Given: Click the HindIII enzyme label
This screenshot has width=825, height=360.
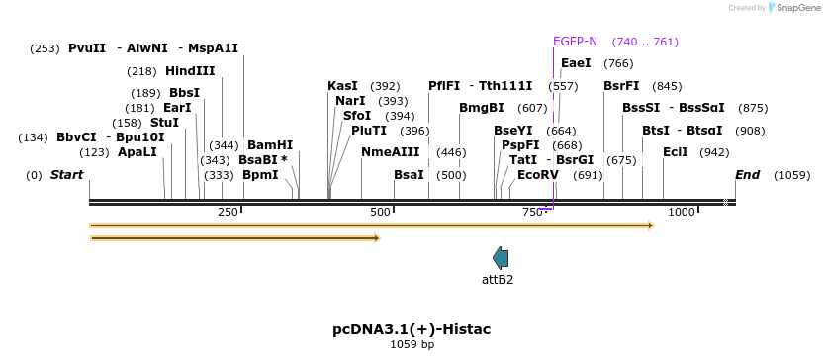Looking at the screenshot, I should click(x=190, y=71).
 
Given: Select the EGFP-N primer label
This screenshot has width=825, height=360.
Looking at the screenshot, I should click(x=575, y=42).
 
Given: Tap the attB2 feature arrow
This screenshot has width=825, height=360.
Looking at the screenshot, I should click(x=501, y=258).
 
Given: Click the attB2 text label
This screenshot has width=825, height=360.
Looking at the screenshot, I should click(x=498, y=279).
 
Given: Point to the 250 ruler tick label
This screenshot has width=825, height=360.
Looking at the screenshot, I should click(x=228, y=212).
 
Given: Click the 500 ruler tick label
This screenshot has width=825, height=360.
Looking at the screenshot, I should click(x=381, y=212).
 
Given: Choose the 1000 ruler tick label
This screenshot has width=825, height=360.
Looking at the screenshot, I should click(x=682, y=212).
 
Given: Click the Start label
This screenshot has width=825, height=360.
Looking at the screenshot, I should click(x=67, y=175).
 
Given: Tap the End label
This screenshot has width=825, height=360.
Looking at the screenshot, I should click(x=747, y=175).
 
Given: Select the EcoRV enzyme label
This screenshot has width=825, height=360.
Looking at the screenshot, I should click(x=538, y=175).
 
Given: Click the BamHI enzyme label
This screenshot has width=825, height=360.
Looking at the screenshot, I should click(x=270, y=145).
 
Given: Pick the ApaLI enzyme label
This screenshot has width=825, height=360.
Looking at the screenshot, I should click(x=137, y=152).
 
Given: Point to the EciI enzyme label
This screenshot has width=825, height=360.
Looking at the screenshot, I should click(x=676, y=152).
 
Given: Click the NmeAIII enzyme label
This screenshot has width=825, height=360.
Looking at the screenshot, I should click(x=391, y=152).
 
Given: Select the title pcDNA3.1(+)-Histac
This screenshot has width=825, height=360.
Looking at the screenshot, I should click(x=412, y=328).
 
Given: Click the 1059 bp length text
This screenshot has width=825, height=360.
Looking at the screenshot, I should click(x=412, y=345).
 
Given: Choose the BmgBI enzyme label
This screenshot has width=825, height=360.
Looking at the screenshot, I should click(x=482, y=108).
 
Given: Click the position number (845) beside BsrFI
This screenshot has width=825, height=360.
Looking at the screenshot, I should click(x=668, y=86).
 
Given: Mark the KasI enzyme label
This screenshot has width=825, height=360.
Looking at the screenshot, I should click(x=342, y=86).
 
